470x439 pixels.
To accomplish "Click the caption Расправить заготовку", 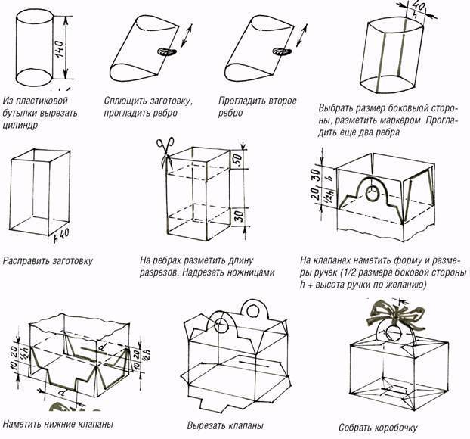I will click(x=47, y=262).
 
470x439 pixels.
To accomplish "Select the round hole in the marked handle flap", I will click(x=371, y=195).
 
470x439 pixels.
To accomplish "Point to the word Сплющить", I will click(x=125, y=101).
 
